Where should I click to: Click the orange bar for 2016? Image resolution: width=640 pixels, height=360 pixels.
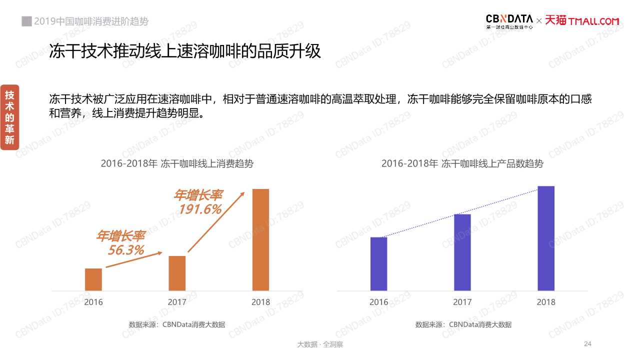(x=93, y=279)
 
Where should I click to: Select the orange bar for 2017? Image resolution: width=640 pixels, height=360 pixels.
(x=177, y=273)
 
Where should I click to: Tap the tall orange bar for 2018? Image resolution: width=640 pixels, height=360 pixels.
(x=260, y=239)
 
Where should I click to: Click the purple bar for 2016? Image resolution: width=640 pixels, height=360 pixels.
(x=378, y=263)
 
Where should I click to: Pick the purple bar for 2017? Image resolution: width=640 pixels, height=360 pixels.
(x=462, y=252)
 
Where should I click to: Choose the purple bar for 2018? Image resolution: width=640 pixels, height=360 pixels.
(x=546, y=238)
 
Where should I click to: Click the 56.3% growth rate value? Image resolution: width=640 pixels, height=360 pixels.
(x=126, y=250)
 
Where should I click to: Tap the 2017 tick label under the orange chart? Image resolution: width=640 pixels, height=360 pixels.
(x=177, y=302)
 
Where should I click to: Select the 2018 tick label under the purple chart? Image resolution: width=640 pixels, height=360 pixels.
(x=546, y=302)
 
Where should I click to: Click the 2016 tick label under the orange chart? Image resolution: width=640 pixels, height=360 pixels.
(x=93, y=302)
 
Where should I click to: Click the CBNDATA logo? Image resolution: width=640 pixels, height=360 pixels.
(x=509, y=21)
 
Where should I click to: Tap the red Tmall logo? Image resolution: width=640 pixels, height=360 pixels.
(x=582, y=21)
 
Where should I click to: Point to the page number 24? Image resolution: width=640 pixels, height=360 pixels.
(x=587, y=343)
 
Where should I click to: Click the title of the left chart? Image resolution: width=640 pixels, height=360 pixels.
(x=177, y=163)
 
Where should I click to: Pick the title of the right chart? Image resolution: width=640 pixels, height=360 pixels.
(x=462, y=163)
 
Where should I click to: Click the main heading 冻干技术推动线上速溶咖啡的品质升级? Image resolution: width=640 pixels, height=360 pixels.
(x=184, y=51)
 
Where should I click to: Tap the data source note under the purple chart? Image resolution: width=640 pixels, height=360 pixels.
(x=463, y=324)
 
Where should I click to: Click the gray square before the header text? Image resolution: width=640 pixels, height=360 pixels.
(x=26, y=21)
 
